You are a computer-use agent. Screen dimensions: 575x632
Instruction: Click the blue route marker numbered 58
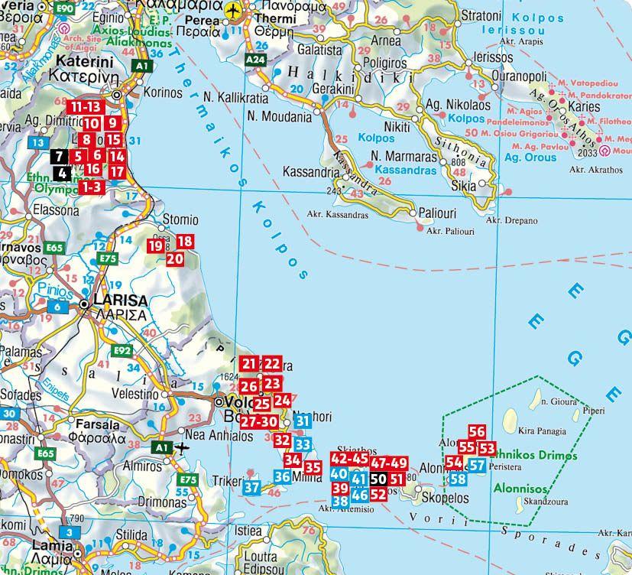coord(458,479)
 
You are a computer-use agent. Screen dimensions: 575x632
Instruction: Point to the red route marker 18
coord(184,242)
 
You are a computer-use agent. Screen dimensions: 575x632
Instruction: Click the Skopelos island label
coord(445,498)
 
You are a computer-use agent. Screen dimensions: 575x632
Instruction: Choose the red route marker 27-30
coord(258,421)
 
